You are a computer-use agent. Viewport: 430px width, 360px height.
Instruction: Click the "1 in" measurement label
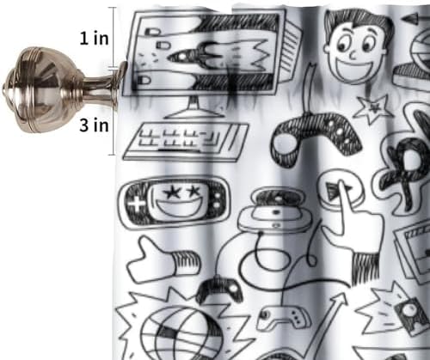pos(94,39)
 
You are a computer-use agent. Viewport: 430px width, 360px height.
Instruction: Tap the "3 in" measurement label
pos(94,125)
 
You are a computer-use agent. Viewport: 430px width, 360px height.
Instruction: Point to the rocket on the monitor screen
pos(198,56)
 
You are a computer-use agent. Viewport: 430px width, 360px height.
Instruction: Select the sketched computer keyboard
pos(186,141)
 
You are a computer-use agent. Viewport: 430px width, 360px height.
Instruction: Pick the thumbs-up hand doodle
pos(163,259)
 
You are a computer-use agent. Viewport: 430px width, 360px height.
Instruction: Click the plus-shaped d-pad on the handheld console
pos(137,204)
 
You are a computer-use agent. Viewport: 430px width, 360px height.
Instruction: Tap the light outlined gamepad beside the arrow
pos(283,317)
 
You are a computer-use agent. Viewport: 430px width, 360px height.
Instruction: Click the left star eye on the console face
pos(172,192)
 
